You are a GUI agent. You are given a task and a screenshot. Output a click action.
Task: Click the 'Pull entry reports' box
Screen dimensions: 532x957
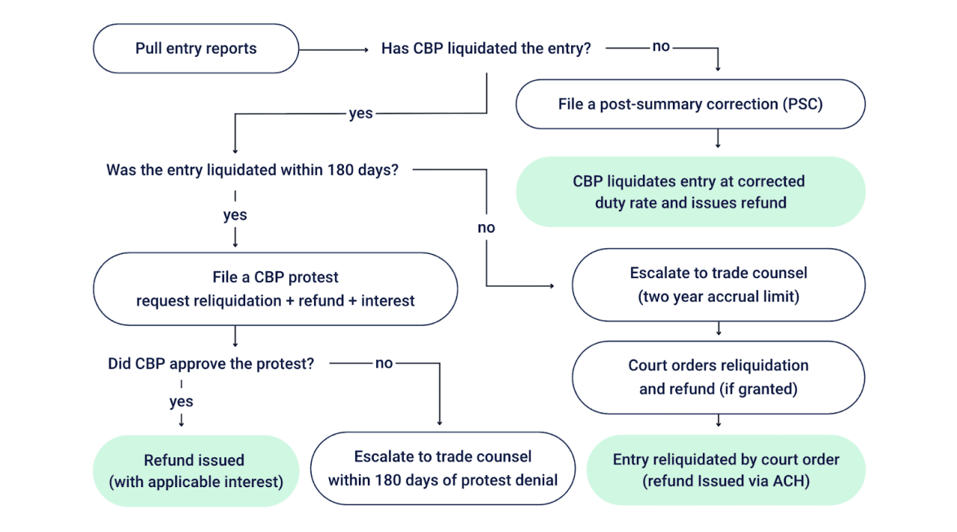[x=196, y=49]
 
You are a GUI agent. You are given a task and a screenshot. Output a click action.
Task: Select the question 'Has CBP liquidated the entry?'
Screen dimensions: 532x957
[x=486, y=49]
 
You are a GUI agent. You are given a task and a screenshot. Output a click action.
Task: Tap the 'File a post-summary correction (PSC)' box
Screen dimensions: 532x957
[x=690, y=104]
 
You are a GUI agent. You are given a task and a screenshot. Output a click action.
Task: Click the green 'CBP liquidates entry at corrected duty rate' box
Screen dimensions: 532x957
[x=690, y=191]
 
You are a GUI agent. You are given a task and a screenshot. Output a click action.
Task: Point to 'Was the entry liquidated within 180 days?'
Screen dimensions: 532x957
[x=252, y=170]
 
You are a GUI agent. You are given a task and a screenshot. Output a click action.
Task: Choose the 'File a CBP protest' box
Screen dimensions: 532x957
[x=275, y=288]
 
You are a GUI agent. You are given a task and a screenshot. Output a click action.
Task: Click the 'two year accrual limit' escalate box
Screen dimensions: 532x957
[x=718, y=285]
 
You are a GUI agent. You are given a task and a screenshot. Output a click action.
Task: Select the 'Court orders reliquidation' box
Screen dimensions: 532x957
[x=718, y=377]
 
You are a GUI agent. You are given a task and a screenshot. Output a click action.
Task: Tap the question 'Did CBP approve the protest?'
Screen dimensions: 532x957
[x=211, y=364]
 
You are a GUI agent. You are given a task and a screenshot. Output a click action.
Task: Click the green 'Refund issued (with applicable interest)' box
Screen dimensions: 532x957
[x=195, y=471]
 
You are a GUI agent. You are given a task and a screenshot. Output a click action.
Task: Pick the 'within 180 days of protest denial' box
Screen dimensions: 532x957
[x=443, y=468]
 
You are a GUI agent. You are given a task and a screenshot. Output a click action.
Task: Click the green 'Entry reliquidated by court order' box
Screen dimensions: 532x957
[x=725, y=470]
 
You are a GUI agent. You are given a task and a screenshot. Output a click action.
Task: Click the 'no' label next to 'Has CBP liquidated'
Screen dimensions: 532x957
[x=661, y=47]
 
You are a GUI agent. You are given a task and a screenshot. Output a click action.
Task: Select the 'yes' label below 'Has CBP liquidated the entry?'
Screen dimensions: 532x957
[x=361, y=114]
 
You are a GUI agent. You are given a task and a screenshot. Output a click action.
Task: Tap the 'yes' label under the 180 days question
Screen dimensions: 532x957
[x=235, y=215]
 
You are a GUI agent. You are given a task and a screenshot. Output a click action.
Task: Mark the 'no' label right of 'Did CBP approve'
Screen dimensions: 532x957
[x=384, y=363]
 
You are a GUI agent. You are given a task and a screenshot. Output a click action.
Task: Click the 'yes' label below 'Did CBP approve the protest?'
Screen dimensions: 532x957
[x=181, y=401]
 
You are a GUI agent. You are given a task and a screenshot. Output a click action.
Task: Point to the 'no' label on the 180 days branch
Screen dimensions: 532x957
[x=486, y=228]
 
